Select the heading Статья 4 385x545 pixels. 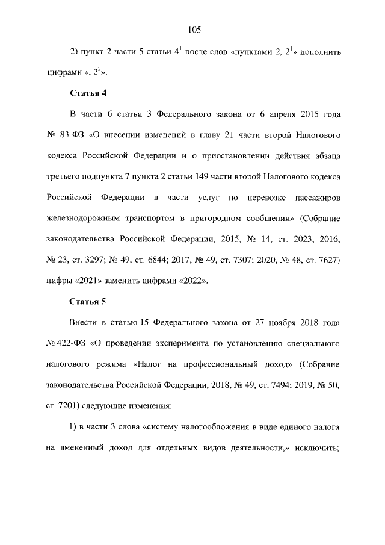[x=88, y=93]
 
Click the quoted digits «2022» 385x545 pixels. [x=193, y=280]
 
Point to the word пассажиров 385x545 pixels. [x=318, y=197]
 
